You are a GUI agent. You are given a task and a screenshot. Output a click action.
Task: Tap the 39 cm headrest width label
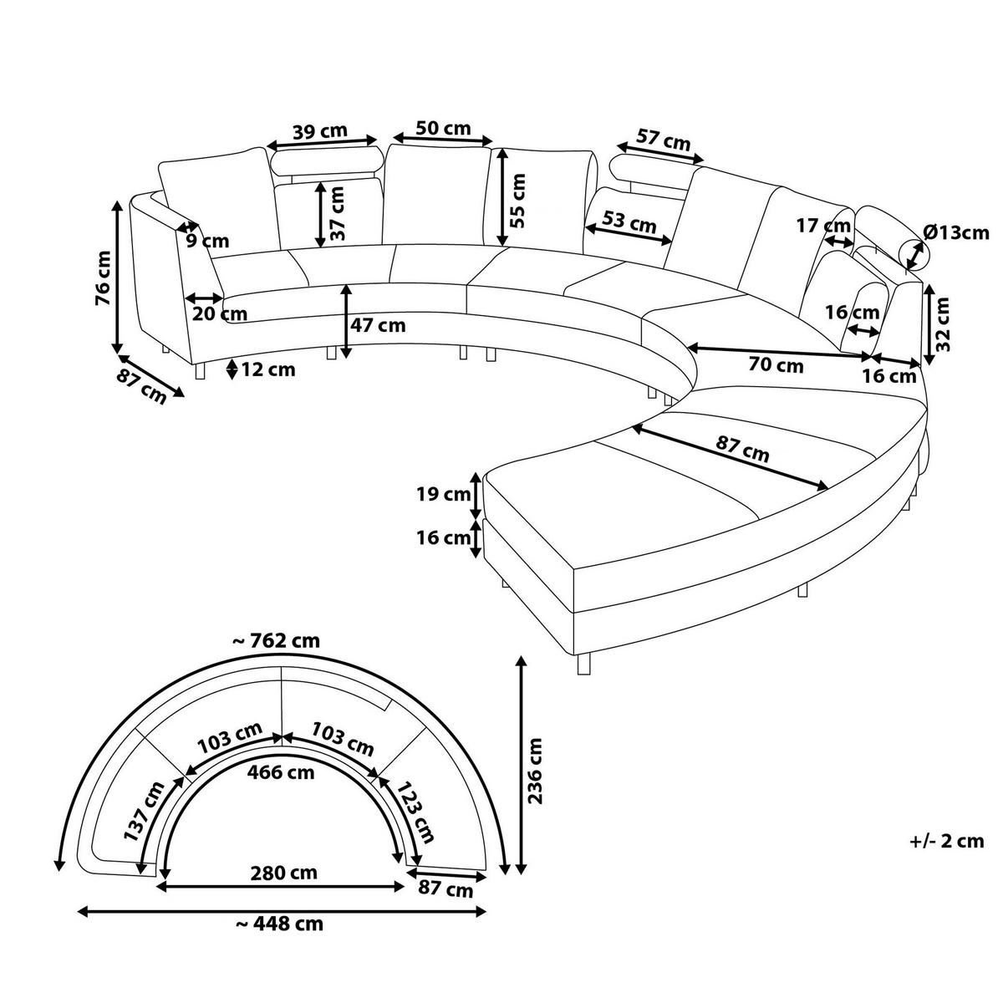[319, 130]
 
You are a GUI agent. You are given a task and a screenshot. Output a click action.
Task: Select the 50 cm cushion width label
[443, 128]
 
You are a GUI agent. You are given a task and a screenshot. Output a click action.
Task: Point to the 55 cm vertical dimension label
[518, 201]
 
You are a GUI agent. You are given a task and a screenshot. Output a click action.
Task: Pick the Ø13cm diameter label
[956, 232]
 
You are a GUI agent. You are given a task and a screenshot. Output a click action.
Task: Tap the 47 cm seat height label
[378, 325]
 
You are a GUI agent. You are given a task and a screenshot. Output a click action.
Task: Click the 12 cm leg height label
[267, 370]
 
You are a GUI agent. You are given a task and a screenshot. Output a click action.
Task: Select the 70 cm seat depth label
[776, 365]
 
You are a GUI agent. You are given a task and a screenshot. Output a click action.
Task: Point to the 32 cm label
[942, 323]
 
